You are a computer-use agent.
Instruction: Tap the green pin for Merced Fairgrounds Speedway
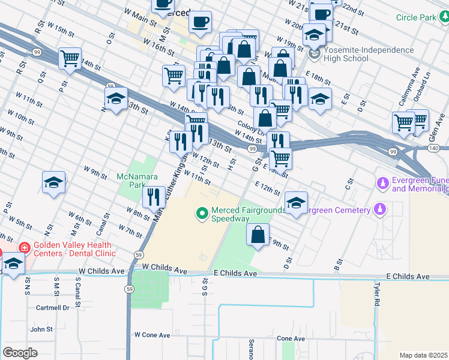click(202, 212)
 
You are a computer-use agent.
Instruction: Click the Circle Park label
click(416, 17)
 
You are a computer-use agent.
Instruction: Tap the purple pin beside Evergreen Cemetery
click(379, 209)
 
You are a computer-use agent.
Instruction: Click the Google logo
click(20, 353)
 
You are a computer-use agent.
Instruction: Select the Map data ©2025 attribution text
click(424, 355)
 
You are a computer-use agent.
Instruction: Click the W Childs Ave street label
click(101, 271)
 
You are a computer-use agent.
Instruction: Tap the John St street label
click(41, 329)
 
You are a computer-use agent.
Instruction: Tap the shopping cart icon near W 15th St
click(70, 58)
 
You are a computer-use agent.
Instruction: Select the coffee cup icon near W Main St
click(200, 21)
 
